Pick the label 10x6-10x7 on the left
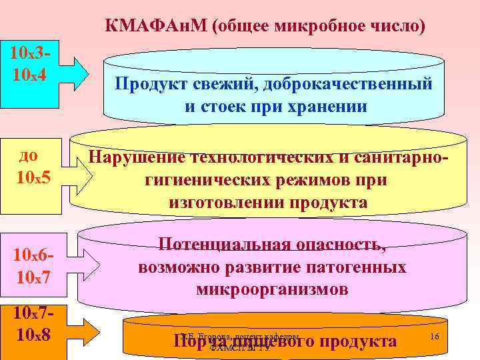pos(32,265)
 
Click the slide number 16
pos(434,337)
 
